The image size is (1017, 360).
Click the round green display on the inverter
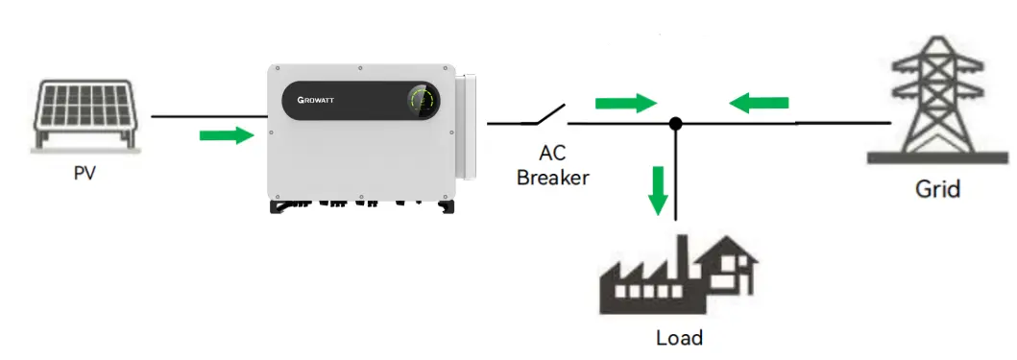(421, 98)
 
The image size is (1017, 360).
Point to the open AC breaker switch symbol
(543, 116)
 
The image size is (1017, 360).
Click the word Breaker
(552, 177)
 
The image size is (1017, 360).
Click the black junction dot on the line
(676, 124)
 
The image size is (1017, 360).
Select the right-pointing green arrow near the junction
(625, 102)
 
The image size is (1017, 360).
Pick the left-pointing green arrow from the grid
(759, 102)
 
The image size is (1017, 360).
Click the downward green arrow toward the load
(658, 190)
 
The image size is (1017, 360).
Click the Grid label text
(936, 189)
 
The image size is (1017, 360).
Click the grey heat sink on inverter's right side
(465, 126)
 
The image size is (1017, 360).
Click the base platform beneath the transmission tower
(936, 156)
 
